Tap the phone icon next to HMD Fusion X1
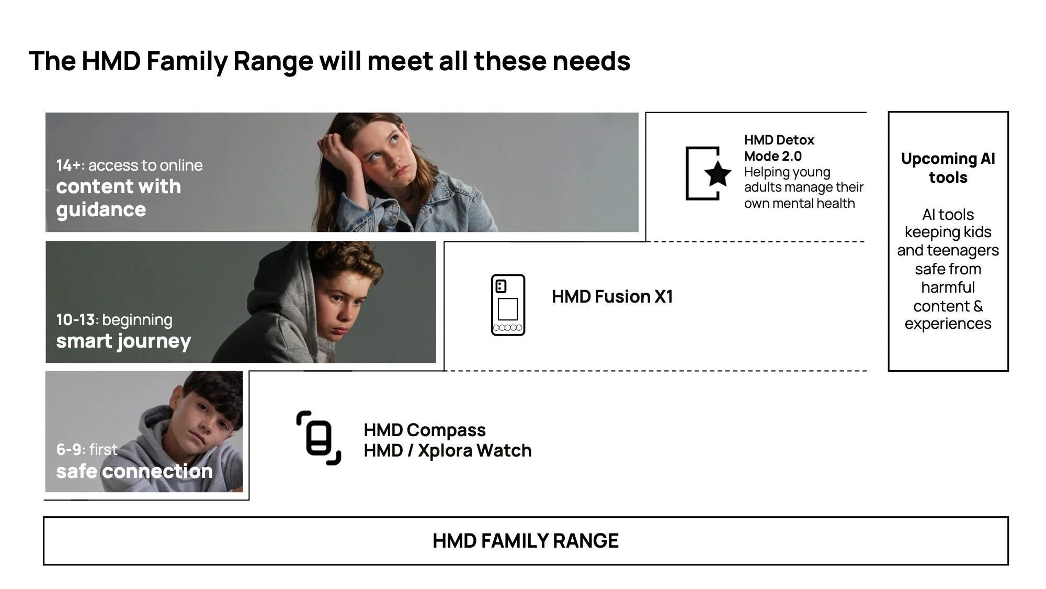(508, 305)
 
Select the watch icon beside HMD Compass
(319, 438)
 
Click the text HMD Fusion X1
(612, 296)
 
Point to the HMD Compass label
(425, 430)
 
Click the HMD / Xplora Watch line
(448, 450)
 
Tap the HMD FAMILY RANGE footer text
(526, 540)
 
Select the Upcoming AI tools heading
(948, 168)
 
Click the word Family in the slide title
(187, 61)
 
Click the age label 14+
(69, 165)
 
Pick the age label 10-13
(76, 319)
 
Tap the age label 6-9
(69, 449)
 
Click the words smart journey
(123, 341)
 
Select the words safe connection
(134, 471)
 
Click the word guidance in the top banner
(101, 210)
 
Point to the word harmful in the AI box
(948, 287)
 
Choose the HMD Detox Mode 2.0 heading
(779, 148)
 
